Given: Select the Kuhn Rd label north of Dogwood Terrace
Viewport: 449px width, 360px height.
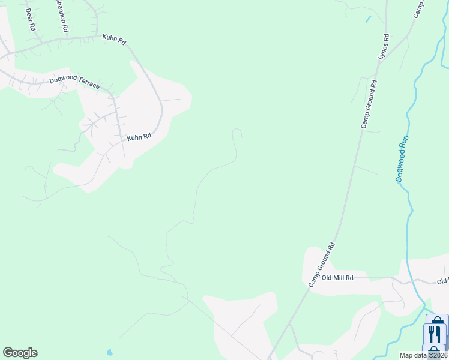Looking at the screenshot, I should click(x=114, y=40).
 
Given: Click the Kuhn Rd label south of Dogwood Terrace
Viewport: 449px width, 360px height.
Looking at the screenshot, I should click(x=139, y=137).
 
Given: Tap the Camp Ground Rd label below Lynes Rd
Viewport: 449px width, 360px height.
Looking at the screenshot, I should click(x=369, y=104).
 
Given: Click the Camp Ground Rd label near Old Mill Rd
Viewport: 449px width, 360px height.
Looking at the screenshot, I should click(x=321, y=264).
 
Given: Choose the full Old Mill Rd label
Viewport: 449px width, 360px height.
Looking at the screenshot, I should click(x=337, y=278).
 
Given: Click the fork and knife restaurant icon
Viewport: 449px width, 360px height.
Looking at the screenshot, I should click(x=436, y=334).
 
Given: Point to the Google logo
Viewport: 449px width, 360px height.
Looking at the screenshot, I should click(x=20, y=353).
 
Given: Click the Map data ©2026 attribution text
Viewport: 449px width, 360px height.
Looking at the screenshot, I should click(x=424, y=355).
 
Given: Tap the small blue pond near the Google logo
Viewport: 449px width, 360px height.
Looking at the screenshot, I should click(x=109, y=352).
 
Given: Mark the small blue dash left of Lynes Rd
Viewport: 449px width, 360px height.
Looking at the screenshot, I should click(x=368, y=19).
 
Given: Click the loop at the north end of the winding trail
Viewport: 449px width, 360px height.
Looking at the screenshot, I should click(x=237, y=133).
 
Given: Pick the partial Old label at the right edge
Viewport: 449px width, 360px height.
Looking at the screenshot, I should click(x=443, y=281).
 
